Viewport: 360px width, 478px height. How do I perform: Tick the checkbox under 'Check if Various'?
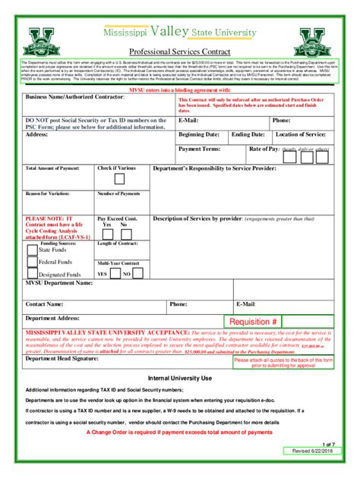tap(119, 180)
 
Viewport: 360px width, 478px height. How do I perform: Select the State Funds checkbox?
tap(32, 248)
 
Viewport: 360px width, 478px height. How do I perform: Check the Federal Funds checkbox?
tap(32, 262)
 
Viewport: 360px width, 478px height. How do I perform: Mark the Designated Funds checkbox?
tap(32, 274)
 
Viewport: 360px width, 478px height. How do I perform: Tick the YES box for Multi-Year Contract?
tap(115, 273)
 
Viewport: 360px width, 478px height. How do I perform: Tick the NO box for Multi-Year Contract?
tap(137, 273)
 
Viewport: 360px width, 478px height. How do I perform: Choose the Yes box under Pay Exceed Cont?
tap(106, 233)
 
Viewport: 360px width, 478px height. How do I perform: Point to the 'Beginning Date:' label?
tap(199, 134)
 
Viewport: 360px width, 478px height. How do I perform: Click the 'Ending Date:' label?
tap(248, 134)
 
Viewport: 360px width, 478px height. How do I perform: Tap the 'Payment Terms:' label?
tap(200, 149)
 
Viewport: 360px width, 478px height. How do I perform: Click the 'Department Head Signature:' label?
tap(62, 359)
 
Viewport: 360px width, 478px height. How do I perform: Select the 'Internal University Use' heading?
tap(180, 378)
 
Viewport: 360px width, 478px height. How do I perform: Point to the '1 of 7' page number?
tap(328, 443)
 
